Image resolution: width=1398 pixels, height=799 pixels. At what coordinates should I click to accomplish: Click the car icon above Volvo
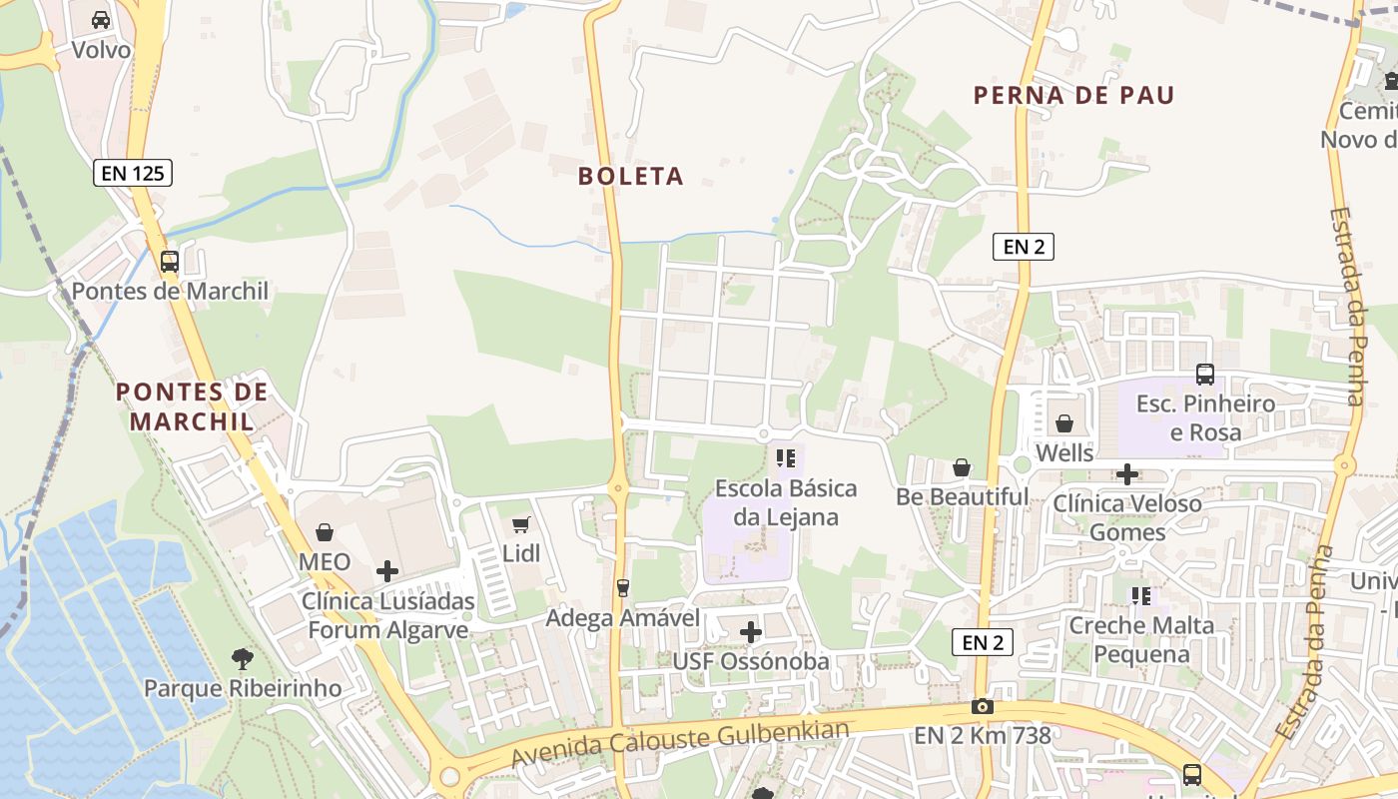coord(101,19)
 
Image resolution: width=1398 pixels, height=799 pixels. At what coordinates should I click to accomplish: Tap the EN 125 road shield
coord(134,173)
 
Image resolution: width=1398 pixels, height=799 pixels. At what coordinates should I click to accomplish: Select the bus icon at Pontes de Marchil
coord(170,262)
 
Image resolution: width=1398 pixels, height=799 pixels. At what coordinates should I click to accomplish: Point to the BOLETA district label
coord(631,177)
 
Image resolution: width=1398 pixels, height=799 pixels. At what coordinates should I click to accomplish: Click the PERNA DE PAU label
coord(1073,96)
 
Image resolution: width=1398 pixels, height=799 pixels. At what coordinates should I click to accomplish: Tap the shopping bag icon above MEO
coord(325,532)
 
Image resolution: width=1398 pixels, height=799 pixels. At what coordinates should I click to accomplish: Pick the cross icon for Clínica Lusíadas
coord(387,571)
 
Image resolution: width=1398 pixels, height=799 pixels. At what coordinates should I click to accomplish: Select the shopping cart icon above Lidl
coord(520,524)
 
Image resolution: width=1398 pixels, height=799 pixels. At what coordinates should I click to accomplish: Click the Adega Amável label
coord(623,618)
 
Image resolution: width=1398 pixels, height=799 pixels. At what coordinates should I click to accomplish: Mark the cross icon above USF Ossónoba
coord(751,631)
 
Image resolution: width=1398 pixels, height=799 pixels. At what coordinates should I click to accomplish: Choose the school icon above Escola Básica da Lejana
coord(786,458)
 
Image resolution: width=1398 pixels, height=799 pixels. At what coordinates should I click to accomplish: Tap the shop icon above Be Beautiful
coord(962,466)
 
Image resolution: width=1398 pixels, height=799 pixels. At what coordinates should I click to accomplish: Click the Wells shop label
coord(1064,452)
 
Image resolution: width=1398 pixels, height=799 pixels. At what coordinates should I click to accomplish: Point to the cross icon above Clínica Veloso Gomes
coord(1127,474)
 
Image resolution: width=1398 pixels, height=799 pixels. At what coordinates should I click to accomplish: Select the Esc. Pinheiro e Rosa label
coord(1205,417)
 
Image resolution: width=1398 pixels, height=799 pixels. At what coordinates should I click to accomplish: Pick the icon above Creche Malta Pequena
coord(1141,596)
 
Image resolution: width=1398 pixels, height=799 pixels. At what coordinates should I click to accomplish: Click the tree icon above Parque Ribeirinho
coord(242,658)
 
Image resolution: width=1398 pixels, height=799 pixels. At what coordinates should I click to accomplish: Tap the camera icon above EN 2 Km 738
coord(983,707)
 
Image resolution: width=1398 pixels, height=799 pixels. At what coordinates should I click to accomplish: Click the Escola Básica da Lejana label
coord(786,502)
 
